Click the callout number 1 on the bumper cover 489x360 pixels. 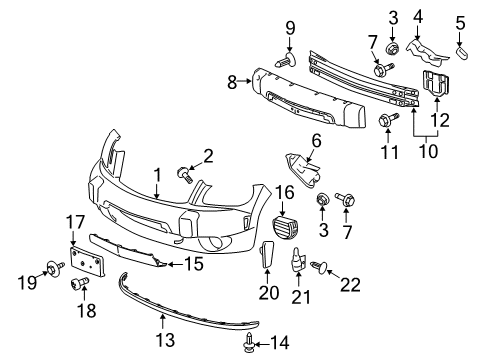[157, 176]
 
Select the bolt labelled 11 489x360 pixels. [385, 121]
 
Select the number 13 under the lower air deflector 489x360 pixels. [163, 320]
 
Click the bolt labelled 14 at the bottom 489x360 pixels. [248, 344]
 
